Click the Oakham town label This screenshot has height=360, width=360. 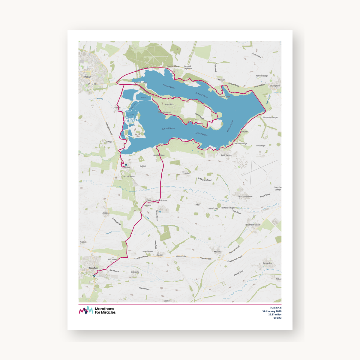[x=88, y=77]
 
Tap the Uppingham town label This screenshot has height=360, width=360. [x=93, y=268]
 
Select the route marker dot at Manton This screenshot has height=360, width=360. [x=126, y=165]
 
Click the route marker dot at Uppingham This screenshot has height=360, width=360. [x=94, y=276]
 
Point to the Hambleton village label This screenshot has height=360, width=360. [x=169, y=104]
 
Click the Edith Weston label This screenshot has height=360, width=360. [x=226, y=155]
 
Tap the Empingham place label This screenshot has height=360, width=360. [x=275, y=86]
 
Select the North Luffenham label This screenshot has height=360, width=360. [x=245, y=196]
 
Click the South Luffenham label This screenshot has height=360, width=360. [x=253, y=225]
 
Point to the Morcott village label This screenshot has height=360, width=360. [x=217, y=252]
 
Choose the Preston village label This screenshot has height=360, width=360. [x=106, y=213]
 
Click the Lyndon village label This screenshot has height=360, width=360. [x=186, y=173]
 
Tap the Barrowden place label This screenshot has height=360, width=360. [x=267, y=263]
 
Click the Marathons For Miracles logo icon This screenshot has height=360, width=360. [x=86, y=310]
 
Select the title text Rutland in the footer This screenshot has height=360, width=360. [x=275, y=308]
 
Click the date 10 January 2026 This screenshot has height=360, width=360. [x=272, y=311]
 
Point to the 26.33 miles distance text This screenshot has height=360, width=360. [x=275, y=315]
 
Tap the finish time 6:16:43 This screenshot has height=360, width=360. [x=277, y=318]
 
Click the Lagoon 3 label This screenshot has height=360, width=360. [x=143, y=97]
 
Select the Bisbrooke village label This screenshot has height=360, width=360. [x=135, y=272]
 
